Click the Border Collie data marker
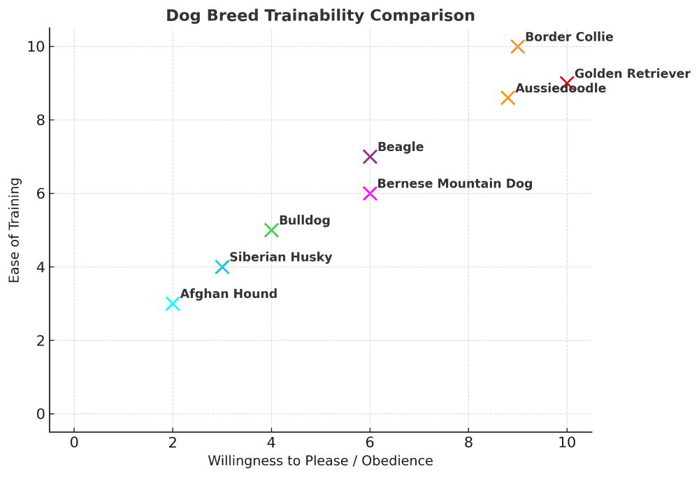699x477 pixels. tap(518, 46)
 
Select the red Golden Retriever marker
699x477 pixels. tap(567, 83)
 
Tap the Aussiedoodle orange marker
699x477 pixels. tap(508, 98)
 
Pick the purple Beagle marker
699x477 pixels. tap(370, 157)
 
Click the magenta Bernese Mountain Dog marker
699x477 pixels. tap(370, 193)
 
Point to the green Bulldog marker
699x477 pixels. tap(271, 230)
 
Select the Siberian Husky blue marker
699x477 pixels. tap(222, 266)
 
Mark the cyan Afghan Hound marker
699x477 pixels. tap(173, 304)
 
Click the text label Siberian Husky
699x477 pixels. tap(280, 257)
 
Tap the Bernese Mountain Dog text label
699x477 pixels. tap(454, 184)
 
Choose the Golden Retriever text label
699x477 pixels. tap(632, 73)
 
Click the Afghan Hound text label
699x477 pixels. tap(229, 294)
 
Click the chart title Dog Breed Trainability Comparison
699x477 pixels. tap(320, 15)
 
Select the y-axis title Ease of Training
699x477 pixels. tap(15, 230)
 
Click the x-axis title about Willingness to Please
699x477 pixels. tap(320, 461)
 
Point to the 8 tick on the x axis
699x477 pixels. tap(468, 442)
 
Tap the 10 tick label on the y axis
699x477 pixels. tap(36, 47)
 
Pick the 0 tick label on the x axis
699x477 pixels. tap(74, 442)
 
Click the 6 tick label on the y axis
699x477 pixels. tap(40, 194)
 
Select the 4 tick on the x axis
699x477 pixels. tap(271, 442)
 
